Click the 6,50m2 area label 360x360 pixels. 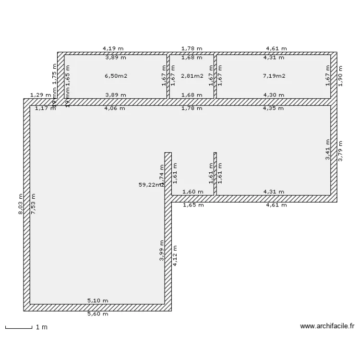[116, 76]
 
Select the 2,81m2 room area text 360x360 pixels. [192, 76]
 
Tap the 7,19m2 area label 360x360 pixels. [274, 76]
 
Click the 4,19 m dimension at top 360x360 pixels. [113, 48]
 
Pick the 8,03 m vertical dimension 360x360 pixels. [21, 204]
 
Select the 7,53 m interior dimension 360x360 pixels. [33, 204]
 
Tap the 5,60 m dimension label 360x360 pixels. [97, 314]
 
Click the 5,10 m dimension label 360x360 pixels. [97, 301]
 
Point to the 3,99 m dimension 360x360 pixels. [162, 251]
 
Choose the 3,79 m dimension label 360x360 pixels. [340, 150]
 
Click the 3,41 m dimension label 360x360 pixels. [327, 149]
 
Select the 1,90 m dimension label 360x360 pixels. [340, 76]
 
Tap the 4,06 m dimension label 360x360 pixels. [115, 108]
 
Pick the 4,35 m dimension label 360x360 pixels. [274, 108]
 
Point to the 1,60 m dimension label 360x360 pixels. [193, 192]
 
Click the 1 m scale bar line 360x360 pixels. [18, 328]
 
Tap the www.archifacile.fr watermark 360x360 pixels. [327, 326]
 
